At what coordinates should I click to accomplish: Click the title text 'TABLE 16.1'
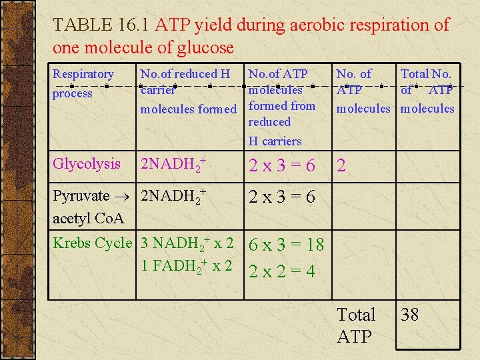tap(102, 25)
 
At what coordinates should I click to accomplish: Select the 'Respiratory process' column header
tap(83, 83)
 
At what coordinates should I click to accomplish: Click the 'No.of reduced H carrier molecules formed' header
tap(188, 91)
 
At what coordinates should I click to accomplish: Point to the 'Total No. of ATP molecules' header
tap(427, 91)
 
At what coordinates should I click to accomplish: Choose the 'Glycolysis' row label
tap(87, 164)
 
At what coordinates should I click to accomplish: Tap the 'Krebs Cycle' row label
tap(93, 243)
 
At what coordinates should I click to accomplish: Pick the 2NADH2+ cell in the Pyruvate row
tap(171, 197)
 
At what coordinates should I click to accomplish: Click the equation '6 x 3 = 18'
tap(286, 245)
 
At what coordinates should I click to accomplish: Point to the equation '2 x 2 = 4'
tap(281, 271)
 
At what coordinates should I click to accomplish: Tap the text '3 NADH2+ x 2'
tap(187, 243)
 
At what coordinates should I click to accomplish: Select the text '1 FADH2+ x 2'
tap(187, 266)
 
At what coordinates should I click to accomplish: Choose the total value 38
tap(410, 315)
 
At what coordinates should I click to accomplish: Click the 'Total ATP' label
tap(356, 325)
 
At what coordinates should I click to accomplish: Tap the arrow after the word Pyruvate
tap(124, 197)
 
